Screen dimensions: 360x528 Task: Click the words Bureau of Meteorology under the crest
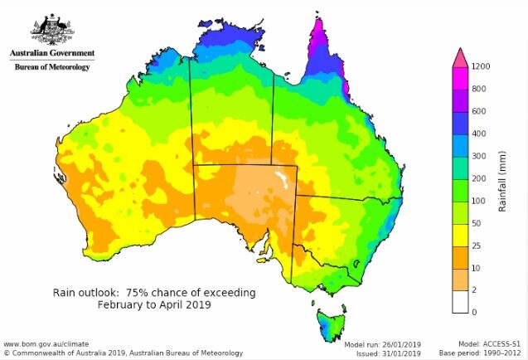[51, 66]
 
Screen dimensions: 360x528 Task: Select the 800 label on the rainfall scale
[479, 89]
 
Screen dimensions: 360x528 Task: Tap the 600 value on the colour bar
[479, 111]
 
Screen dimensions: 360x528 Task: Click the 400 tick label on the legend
[479, 134]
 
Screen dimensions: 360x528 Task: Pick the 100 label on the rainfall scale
[479, 201]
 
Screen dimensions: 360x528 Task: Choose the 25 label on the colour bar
[477, 246]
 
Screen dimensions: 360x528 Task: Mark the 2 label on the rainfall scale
[474, 290]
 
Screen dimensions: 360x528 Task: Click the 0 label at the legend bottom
[474, 313]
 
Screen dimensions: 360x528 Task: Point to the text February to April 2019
[154, 304]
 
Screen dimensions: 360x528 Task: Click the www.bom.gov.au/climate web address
[46, 343]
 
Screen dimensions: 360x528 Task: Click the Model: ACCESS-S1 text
[491, 343]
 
